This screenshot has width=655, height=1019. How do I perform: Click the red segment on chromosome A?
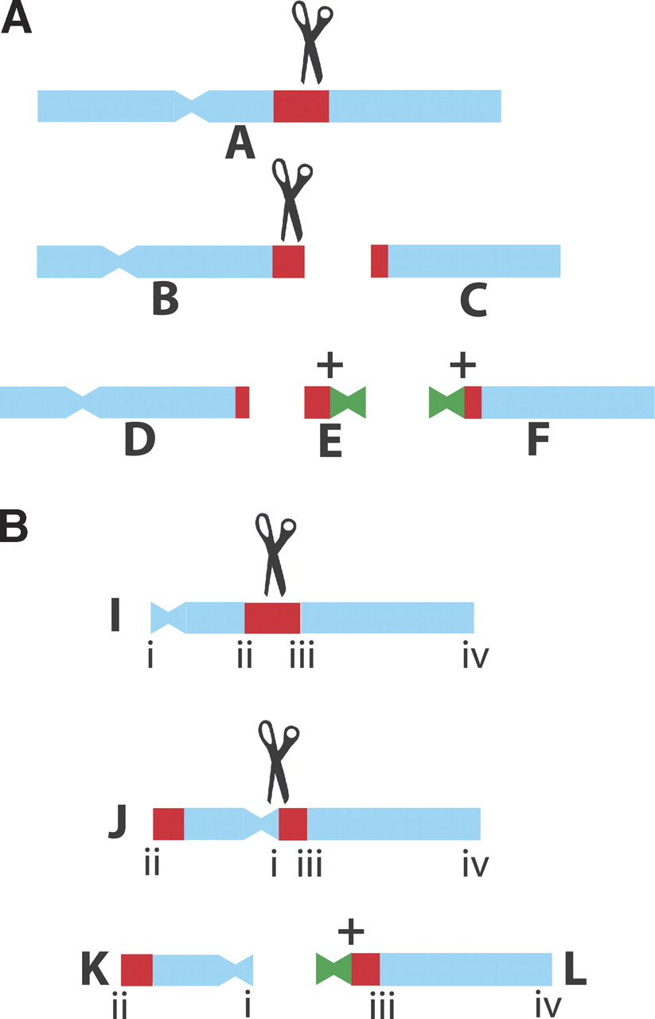point(301,106)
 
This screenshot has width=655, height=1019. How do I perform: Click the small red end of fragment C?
point(379,262)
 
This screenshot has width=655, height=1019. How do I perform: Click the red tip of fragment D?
point(242,402)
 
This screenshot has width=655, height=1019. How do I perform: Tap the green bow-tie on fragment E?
point(348,402)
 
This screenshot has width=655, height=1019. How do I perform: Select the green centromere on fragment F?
point(446,402)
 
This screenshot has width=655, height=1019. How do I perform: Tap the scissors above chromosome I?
point(275,553)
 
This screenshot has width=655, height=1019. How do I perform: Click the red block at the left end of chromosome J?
point(168,823)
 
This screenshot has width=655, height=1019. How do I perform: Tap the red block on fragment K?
point(136,969)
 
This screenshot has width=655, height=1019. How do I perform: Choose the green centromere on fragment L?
point(333,969)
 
